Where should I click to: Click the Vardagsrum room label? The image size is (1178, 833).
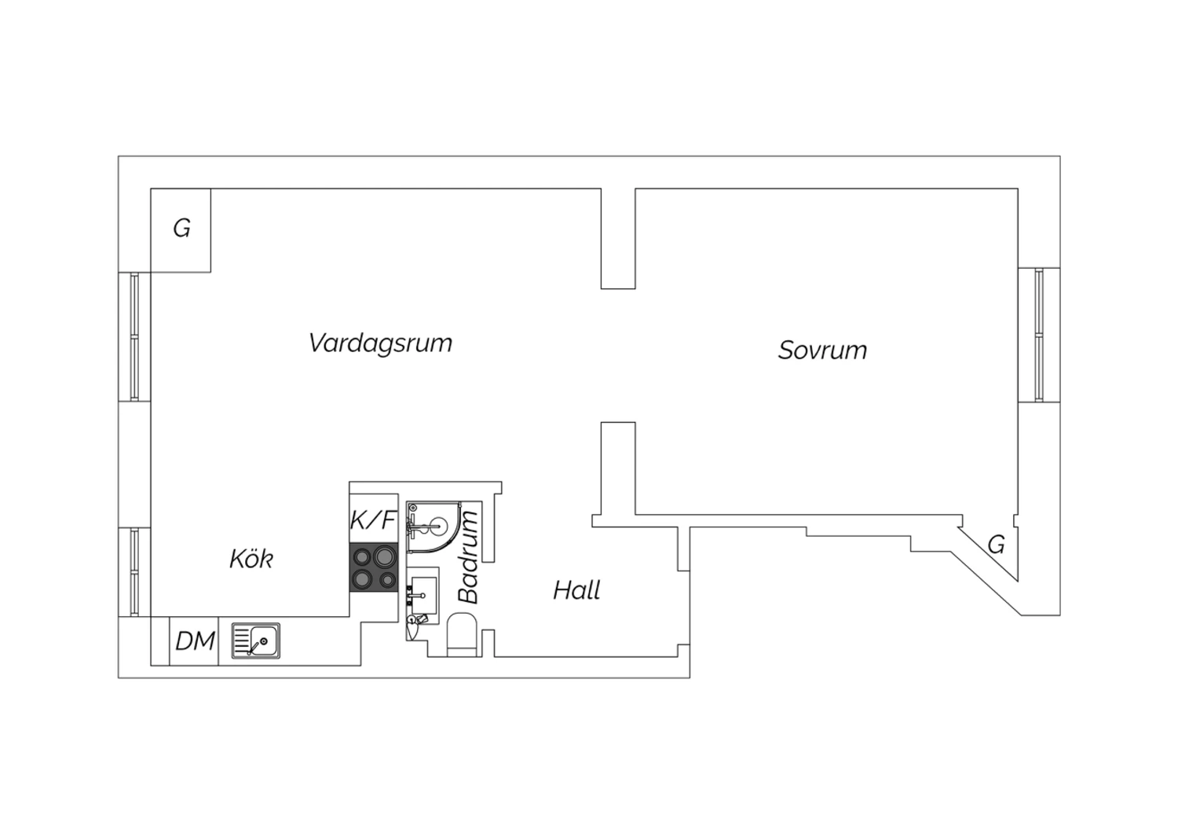point(380,344)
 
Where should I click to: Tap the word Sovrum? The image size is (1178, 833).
point(822,350)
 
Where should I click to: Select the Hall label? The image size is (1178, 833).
point(577,590)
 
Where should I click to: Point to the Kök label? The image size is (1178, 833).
point(251,559)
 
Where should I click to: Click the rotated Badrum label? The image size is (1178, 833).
point(468,557)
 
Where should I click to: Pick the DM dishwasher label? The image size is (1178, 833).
point(195,641)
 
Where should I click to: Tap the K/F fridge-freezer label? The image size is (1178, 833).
point(373,520)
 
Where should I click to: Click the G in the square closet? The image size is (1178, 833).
point(182,229)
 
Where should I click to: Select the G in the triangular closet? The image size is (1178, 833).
point(997,545)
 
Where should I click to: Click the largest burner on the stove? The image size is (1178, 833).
point(385,556)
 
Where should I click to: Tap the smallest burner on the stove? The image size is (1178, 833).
point(388,580)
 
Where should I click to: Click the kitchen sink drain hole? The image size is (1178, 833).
point(263,641)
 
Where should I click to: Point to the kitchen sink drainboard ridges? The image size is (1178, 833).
point(242,640)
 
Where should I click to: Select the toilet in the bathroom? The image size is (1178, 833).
point(462,635)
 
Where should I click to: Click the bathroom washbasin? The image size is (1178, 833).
point(423,595)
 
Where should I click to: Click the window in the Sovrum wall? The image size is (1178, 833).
point(1039,335)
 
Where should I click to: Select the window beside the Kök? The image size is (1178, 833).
point(134,571)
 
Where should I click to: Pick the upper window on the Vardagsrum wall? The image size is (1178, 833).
point(134,337)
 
